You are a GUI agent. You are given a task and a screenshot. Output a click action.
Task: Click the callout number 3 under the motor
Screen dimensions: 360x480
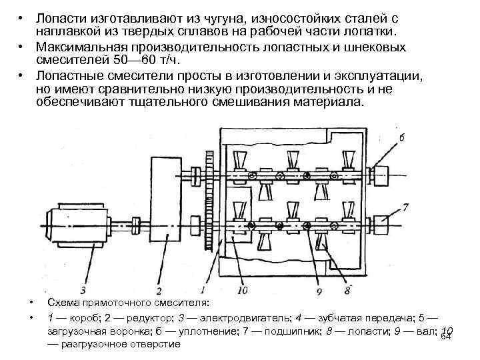click(x=82, y=290)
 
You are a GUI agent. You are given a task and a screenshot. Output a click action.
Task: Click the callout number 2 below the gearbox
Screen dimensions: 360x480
click(x=159, y=291)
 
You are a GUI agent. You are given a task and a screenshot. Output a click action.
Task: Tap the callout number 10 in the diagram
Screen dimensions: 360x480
click(x=241, y=290)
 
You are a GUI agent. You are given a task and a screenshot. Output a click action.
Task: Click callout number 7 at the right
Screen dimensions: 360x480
click(x=405, y=208)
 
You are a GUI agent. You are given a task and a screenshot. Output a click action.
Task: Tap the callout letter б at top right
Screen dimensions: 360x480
click(x=401, y=138)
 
